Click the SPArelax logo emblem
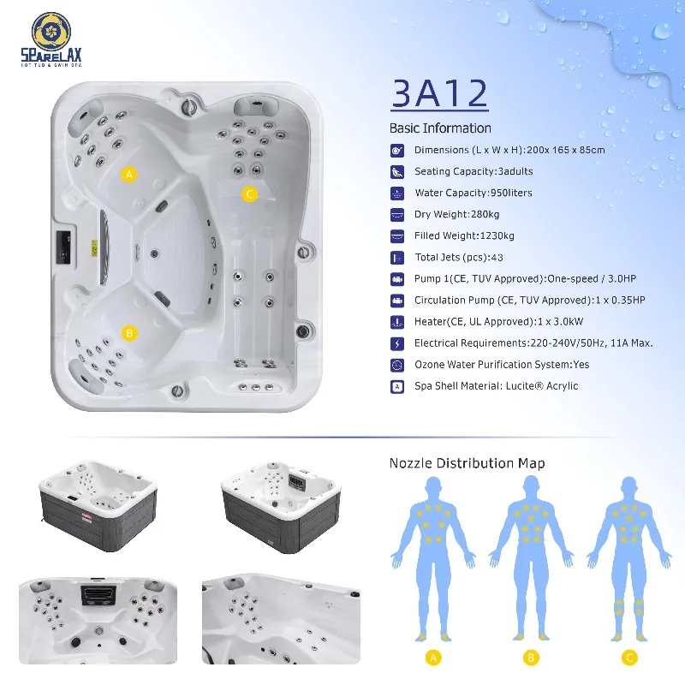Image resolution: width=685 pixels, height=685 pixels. pyautogui.click(x=51, y=32)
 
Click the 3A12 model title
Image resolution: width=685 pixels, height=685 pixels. pyautogui.click(x=439, y=93)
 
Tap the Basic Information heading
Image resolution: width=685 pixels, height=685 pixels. pyautogui.click(x=440, y=128)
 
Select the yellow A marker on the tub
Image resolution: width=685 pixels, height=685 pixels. pyautogui.click(x=129, y=175)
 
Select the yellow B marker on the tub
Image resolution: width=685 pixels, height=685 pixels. pyautogui.click(x=129, y=333)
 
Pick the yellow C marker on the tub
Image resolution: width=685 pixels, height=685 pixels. pyautogui.click(x=249, y=194)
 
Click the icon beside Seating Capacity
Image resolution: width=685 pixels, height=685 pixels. pyautogui.click(x=396, y=172)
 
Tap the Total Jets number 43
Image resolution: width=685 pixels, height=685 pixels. pyautogui.click(x=497, y=258)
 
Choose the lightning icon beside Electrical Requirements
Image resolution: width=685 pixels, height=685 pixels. pyautogui.click(x=396, y=343)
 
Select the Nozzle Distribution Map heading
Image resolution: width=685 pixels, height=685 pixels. pyautogui.click(x=467, y=463)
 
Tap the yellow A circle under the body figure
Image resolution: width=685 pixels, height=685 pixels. pyautogui.click(x=433, y=658)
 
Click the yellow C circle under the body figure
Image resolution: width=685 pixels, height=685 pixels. pyautogui.click(x=629, y=658)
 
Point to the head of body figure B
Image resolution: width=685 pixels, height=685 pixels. pyautogui.click(x=531, y=485)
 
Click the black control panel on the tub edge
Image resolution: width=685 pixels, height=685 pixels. pyautogui.click(x=63, y=247)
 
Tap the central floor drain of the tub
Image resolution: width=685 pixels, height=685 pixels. pyautogui.click(x=154, y=253)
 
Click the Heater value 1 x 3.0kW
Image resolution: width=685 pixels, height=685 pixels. pyautogui.click(x=560, y=322)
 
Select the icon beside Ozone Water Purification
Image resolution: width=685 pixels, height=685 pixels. pyautogui.click(x=396, y=365)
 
